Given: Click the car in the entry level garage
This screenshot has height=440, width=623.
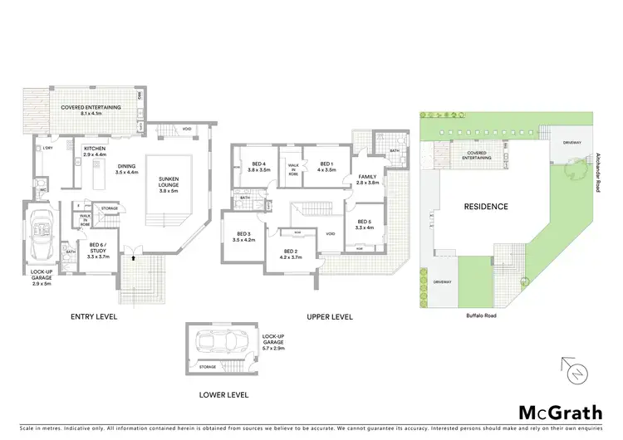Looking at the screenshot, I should tap(42, 235).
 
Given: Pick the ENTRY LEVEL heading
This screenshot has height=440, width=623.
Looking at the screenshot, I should tap(93, 316).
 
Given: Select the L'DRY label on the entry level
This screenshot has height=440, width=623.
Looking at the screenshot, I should tap(47, 149).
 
